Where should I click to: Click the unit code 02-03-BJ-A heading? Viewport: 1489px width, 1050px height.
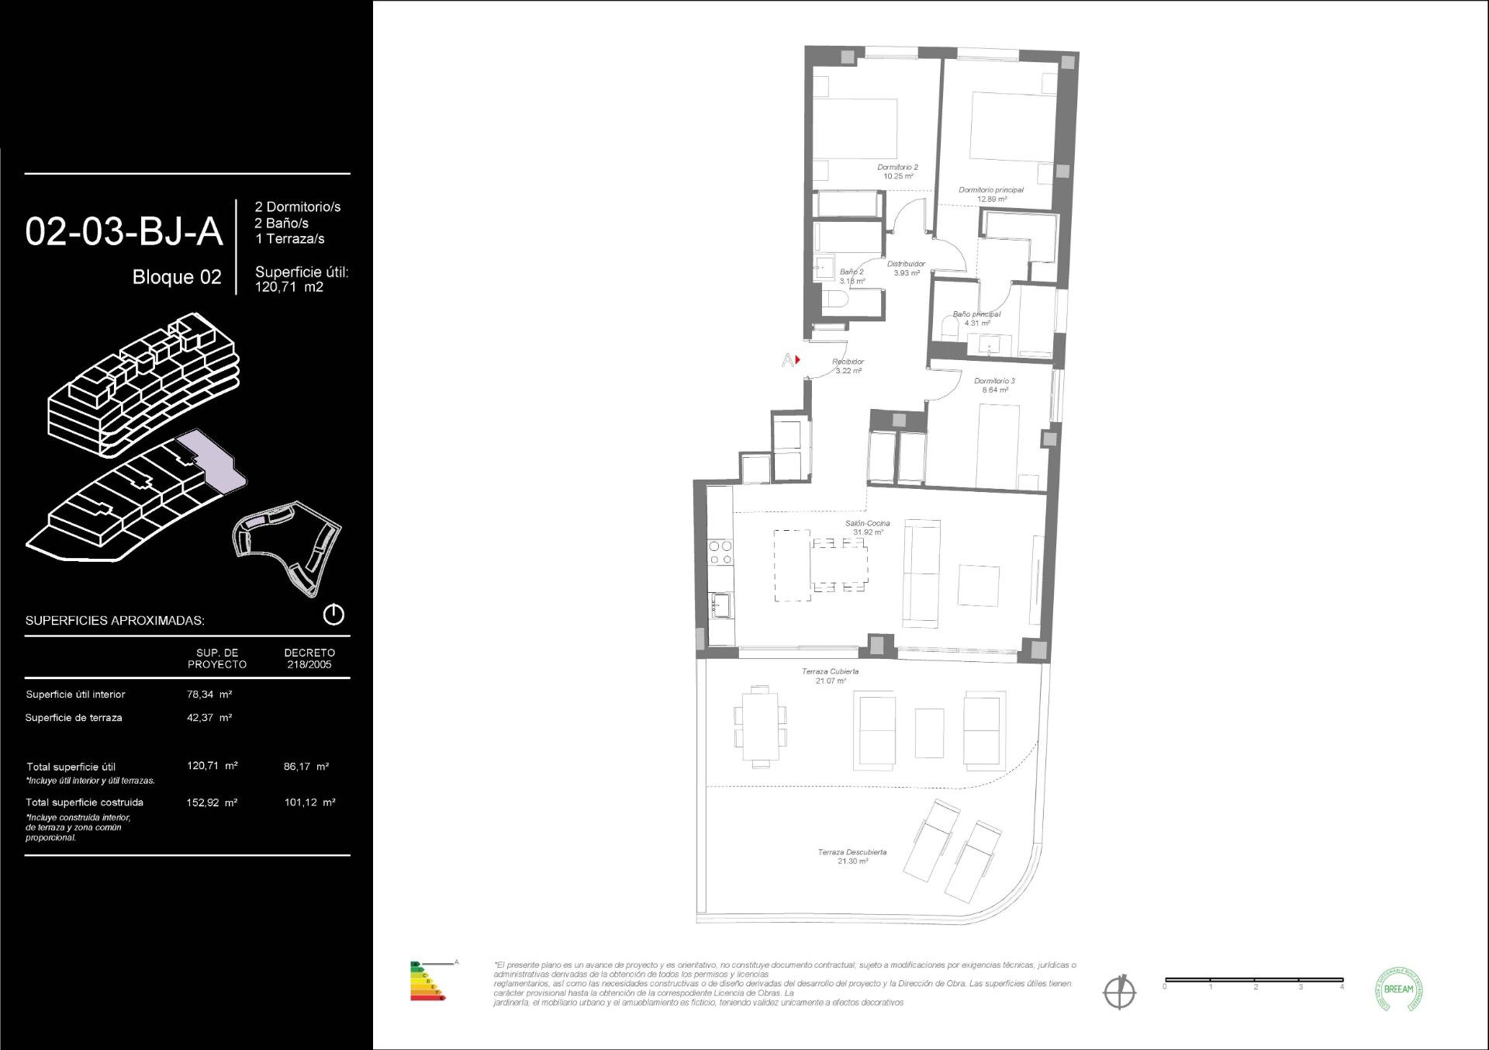click(124, 232)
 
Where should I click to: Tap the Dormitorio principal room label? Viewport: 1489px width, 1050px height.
click(990, 194)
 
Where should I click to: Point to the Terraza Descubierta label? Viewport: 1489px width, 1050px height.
click(852, 856)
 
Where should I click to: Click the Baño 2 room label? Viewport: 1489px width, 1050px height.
click(851, 276)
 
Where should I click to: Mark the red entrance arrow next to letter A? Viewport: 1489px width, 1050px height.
click(797, 359)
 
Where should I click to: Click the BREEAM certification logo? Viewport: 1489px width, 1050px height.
click(1398, 989)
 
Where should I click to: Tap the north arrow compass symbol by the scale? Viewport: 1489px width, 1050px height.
click(1119, 992)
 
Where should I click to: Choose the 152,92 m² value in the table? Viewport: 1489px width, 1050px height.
click(212, 802)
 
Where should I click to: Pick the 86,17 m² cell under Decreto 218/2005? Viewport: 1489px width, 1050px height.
click(306, 766)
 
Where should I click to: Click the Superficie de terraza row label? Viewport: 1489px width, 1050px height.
click(74, 718)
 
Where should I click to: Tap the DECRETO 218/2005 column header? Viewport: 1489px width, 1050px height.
click(309, 658)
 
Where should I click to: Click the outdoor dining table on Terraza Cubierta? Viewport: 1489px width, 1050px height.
click(760, 726)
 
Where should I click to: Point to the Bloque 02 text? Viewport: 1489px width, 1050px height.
click(177, 277)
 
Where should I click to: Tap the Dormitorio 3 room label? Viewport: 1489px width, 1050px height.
click(994, 385)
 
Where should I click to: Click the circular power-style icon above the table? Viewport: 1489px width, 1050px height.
click(333, 615)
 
